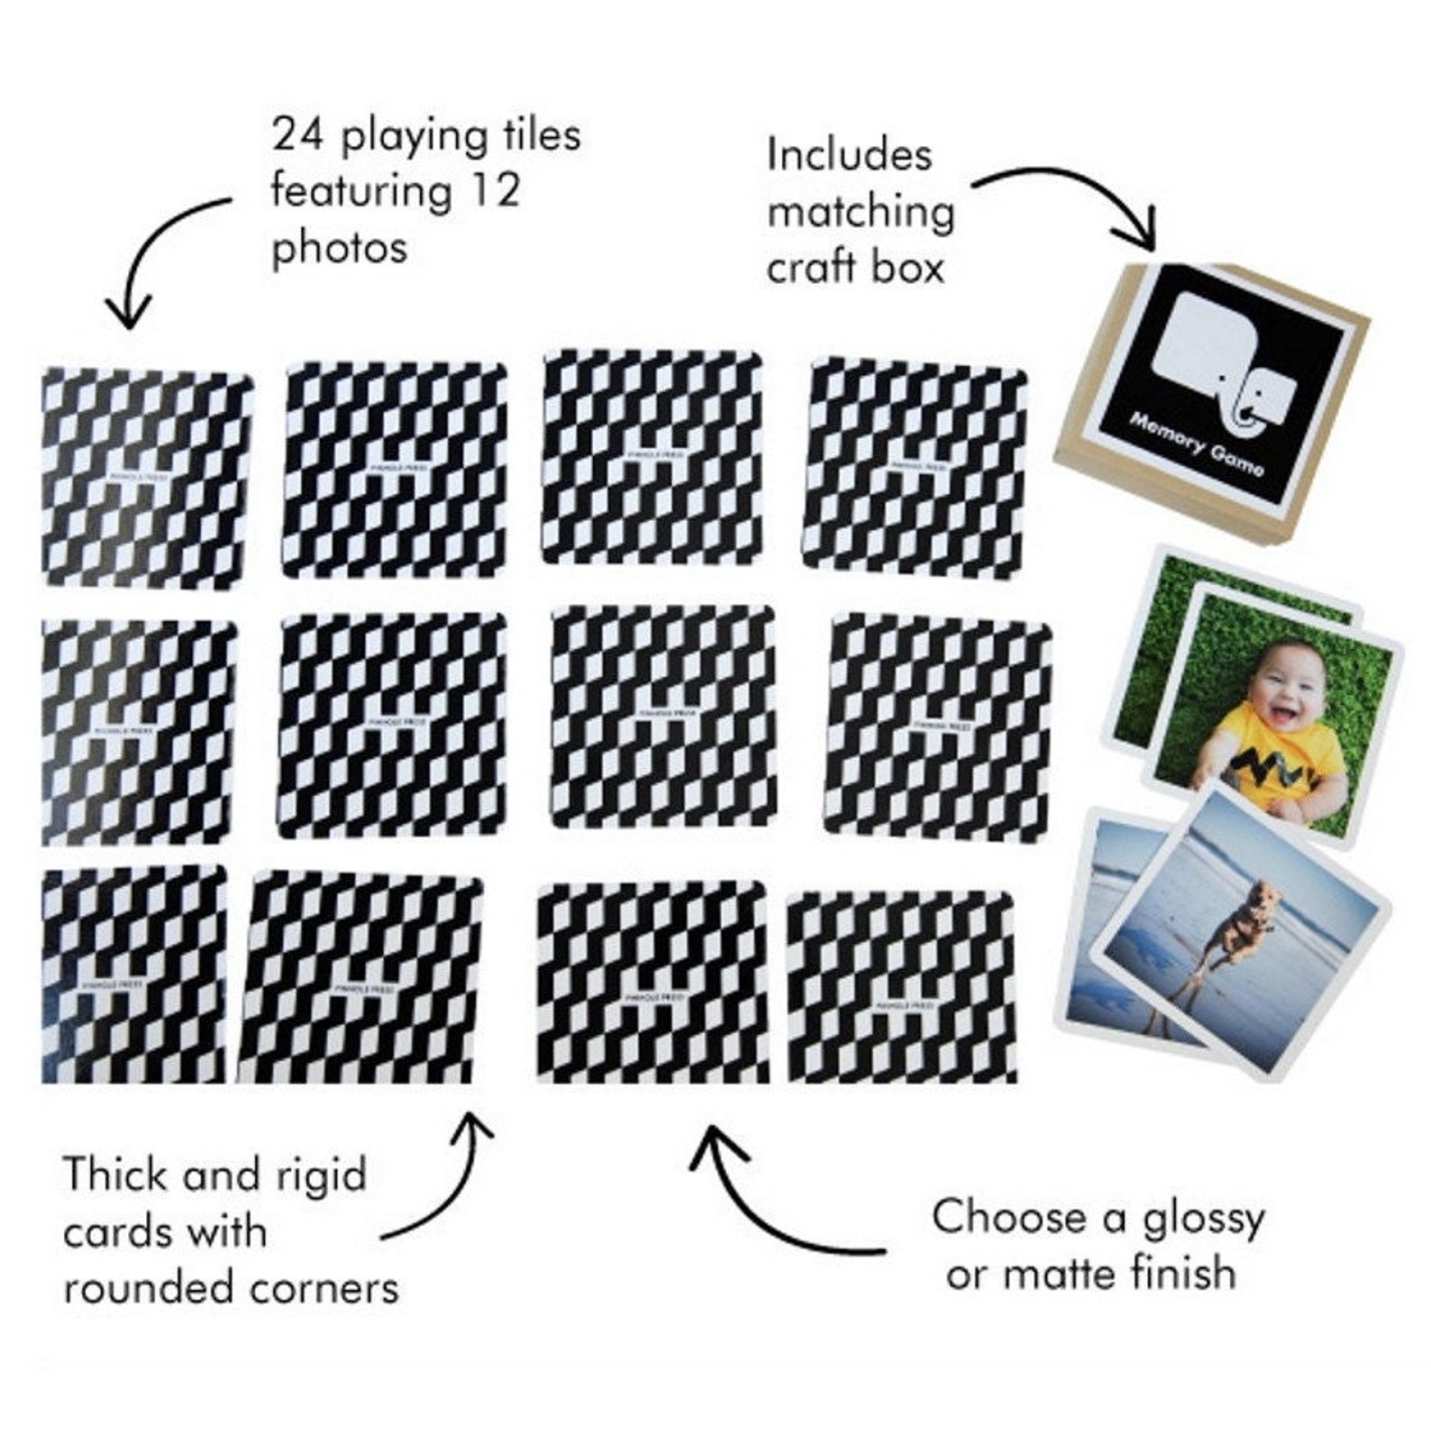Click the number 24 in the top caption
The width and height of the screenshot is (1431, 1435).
pyautogui.click(x=298, y=137)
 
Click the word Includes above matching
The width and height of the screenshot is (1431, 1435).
pyautogui.click(x=849, y=155)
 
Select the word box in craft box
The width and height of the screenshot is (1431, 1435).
pyautogui.click(x=907, y=268)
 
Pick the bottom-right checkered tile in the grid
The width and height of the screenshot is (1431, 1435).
pyautogui.click(x=902, y=988)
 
